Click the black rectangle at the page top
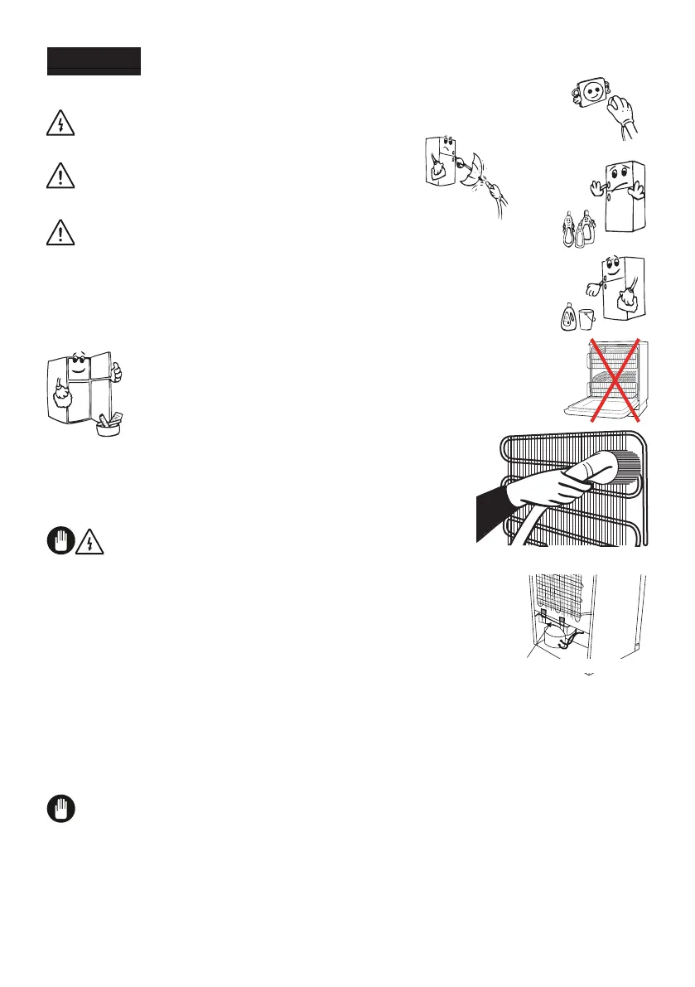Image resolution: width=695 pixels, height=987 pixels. (94, 61)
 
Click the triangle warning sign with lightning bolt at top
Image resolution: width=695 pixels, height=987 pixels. (60, 124)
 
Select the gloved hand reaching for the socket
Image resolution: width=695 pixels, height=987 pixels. (622, 116)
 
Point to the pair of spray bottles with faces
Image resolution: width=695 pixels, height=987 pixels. (577, 230)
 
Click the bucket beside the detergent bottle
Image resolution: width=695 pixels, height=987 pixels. (587, 319)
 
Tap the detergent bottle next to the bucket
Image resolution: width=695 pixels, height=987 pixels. (569, 316)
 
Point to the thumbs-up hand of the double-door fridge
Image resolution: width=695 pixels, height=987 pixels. (117, 374)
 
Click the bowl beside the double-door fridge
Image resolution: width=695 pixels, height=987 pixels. (105, 428)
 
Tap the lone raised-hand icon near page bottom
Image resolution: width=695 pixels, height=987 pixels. (60, 810)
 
